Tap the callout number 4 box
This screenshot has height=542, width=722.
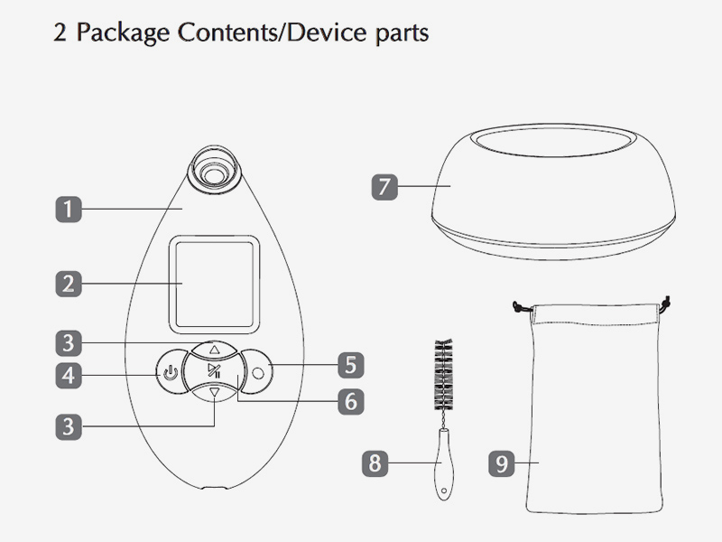[67, 373]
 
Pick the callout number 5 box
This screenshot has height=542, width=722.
[350, 366]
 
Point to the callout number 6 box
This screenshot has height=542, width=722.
[350, 400]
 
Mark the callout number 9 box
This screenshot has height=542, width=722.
[503, 463]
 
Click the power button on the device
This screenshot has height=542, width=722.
[171, 371]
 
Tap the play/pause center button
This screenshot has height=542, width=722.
[213, 371]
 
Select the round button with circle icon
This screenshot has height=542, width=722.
[259, 369]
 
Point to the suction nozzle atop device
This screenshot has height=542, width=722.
[215, 167]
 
